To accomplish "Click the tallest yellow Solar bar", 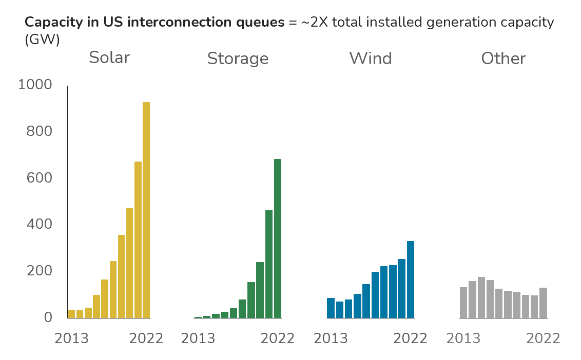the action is point(146,210).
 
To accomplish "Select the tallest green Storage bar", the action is point(278,238).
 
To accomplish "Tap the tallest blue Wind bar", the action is point(411,279).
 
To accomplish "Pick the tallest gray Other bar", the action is point(481,297).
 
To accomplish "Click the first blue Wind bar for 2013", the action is point(331,308).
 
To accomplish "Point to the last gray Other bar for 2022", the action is point(543,303).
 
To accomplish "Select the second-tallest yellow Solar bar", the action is point(138,239).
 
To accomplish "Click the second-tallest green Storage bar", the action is point(269,264).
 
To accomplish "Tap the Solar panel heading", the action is point(109,57).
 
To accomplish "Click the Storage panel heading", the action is point(238,58).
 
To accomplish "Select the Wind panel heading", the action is point(371,58).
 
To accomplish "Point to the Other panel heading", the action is point(503,58).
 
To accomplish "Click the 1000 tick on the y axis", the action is point(35,85).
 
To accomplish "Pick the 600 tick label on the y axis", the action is point(40,178).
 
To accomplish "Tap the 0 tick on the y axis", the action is point(48,317).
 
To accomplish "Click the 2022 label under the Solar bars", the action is point(146,338).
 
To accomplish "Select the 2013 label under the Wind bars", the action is point(331,338).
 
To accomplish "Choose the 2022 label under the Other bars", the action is point(543,338).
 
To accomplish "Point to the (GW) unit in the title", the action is point(42,39).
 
